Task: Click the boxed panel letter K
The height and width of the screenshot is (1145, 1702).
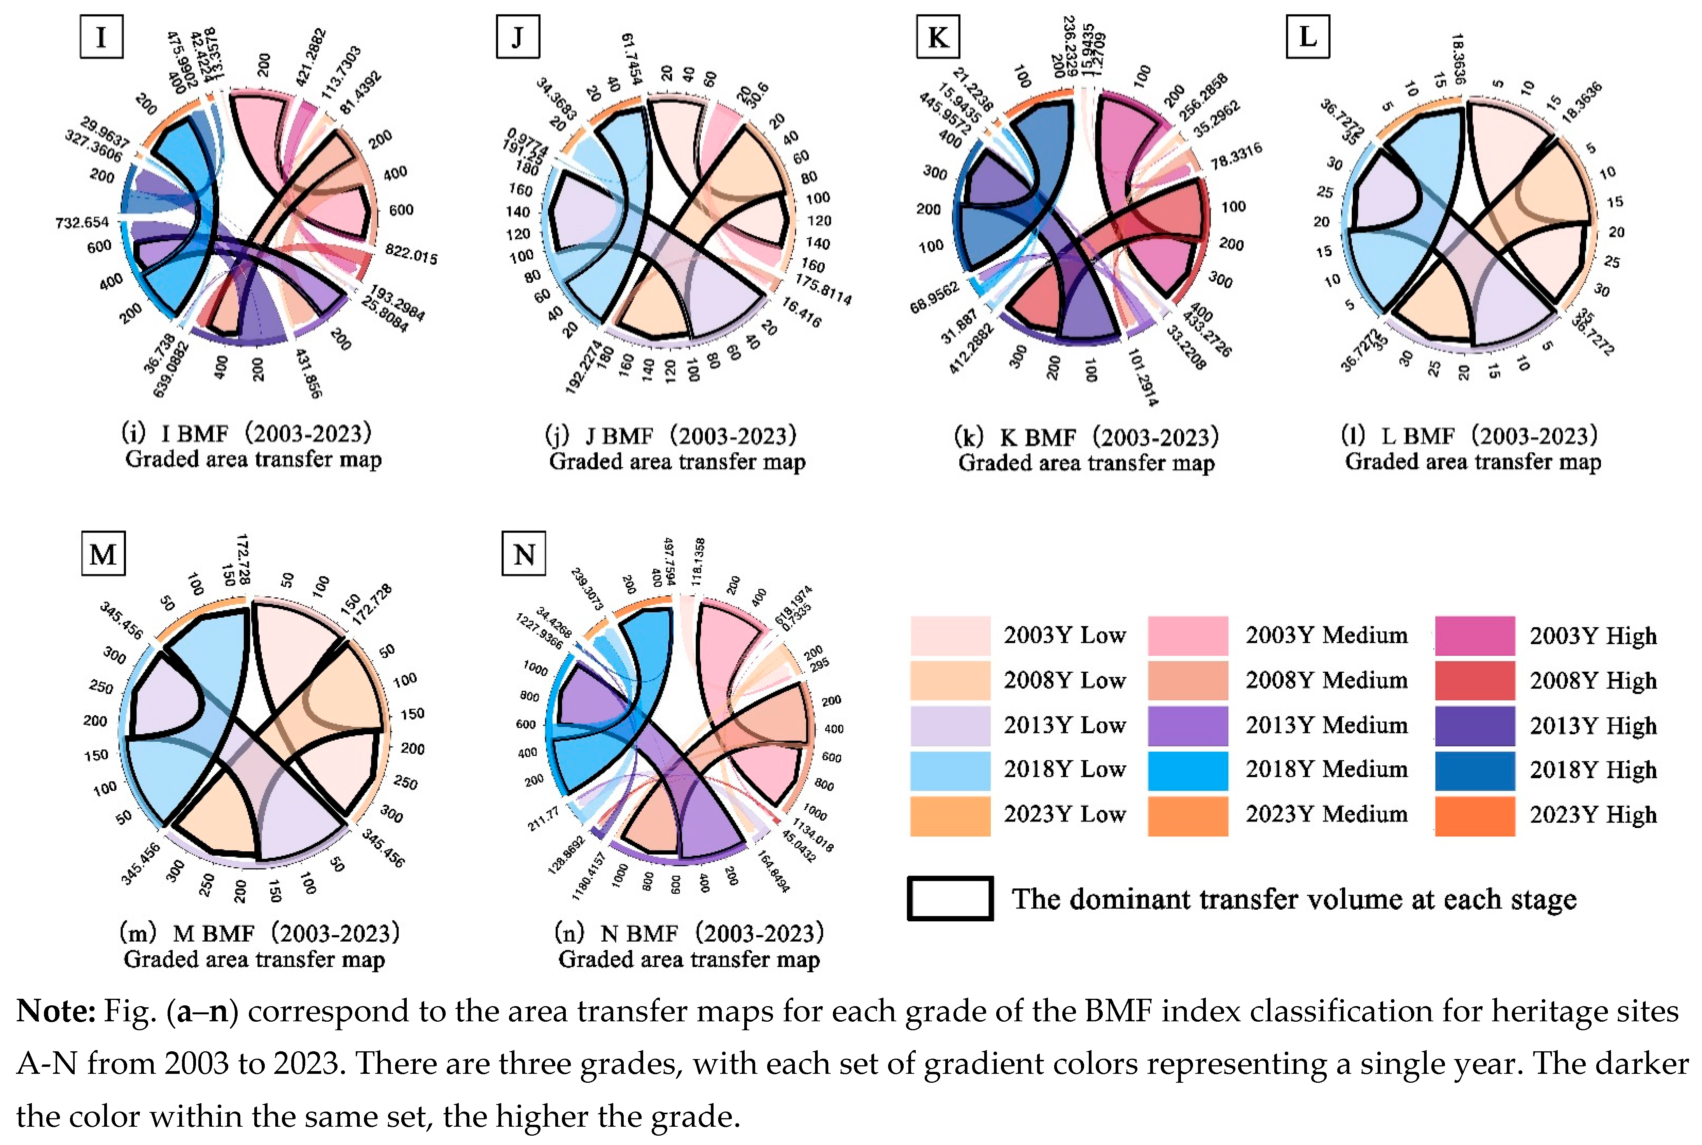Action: pos(938,37)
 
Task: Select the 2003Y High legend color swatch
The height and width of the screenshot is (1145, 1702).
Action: pos(1474,635)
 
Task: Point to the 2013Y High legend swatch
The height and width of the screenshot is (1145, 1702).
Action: pos(1474,725)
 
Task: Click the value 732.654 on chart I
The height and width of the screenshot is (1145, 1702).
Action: pos(82,222)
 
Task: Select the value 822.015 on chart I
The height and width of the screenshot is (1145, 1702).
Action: pos(411,254)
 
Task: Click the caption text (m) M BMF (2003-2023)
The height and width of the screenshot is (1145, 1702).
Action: pos(259,933)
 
